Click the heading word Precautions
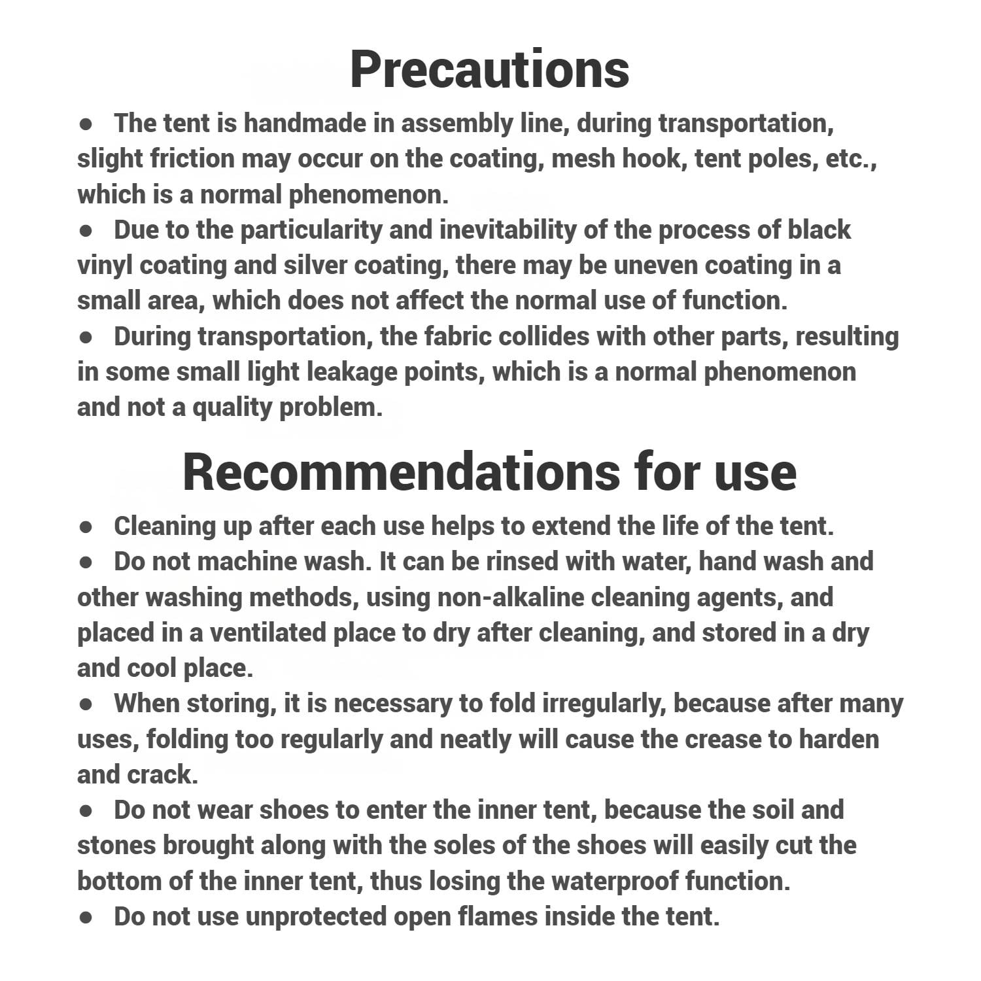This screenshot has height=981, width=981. coord(489,69)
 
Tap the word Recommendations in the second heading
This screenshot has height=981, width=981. coord(400,472)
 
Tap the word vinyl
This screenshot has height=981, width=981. coord(105,266)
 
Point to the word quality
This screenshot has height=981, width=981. coord(232,407)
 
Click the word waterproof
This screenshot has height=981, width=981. coord(614,881)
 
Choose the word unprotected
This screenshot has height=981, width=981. coord(315,917)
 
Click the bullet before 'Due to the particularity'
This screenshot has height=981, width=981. coord(85,231)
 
